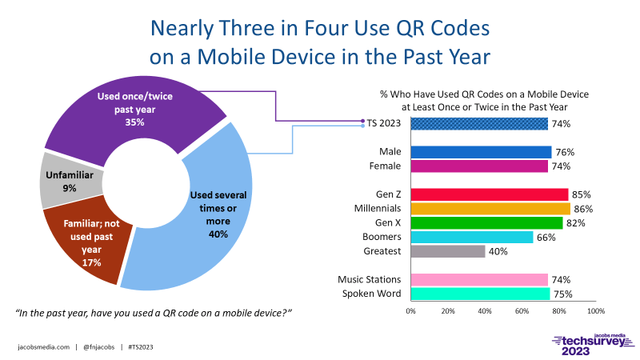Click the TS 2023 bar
pos(478,123)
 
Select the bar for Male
pos(480,152)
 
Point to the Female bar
pos(478,166)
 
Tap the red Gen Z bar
pos(489,194)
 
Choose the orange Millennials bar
pos(490,209)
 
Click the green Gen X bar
pos(486,223)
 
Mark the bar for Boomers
pos(471,238)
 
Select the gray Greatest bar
pos(447,251)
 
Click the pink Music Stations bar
pos(478,279)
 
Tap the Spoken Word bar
pos(479,294)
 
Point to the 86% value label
pos(583,209)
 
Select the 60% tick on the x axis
pos(522,311)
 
